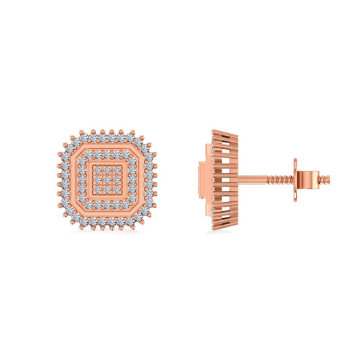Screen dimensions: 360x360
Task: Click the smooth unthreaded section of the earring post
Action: pos(253,180)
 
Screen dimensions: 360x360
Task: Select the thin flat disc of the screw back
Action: pos(296,179)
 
